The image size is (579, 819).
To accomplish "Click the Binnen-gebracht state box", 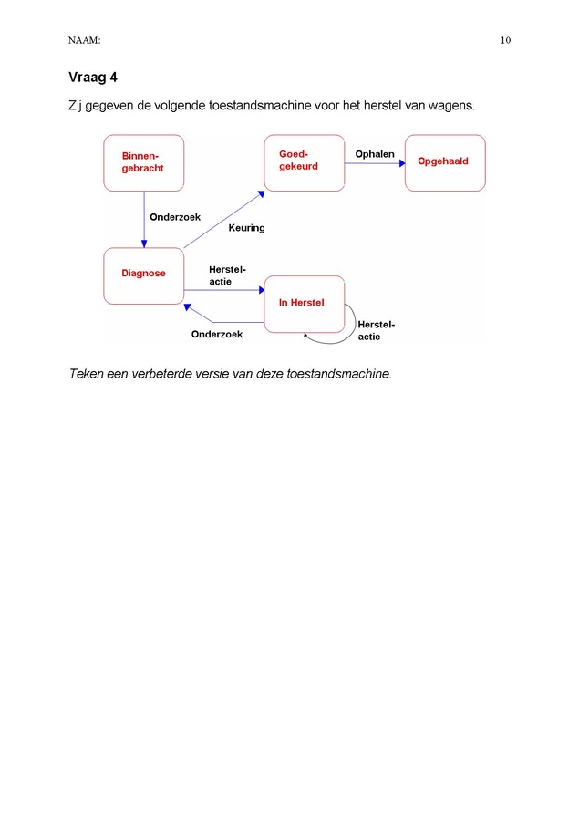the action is click(143, 163).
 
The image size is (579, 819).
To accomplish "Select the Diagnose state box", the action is click(143, 275).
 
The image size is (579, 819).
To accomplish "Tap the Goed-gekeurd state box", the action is click(305, 163).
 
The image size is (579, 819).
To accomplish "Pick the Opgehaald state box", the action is click(445, 163).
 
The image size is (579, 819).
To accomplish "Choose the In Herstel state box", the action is click(305, 305).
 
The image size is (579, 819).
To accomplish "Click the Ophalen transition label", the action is click(375, 154).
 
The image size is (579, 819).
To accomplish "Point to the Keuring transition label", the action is click(246, 228).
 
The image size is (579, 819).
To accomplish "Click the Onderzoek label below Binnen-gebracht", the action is click(175, 217).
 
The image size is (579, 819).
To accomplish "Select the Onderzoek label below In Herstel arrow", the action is click(217, 335).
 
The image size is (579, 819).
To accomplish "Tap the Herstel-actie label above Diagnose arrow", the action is click(227, 275).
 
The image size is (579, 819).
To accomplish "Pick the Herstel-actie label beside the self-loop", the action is click(376, 331).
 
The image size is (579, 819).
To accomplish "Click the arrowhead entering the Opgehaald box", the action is click(402, 163).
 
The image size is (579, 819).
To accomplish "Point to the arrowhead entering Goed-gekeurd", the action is click(261, 194).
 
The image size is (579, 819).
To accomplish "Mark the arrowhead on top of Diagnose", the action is click(144, 244).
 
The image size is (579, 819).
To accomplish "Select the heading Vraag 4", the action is click(93, 78).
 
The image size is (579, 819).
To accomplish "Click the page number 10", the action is click(505, 40).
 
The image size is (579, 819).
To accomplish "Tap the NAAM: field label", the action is click(84, 40).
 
